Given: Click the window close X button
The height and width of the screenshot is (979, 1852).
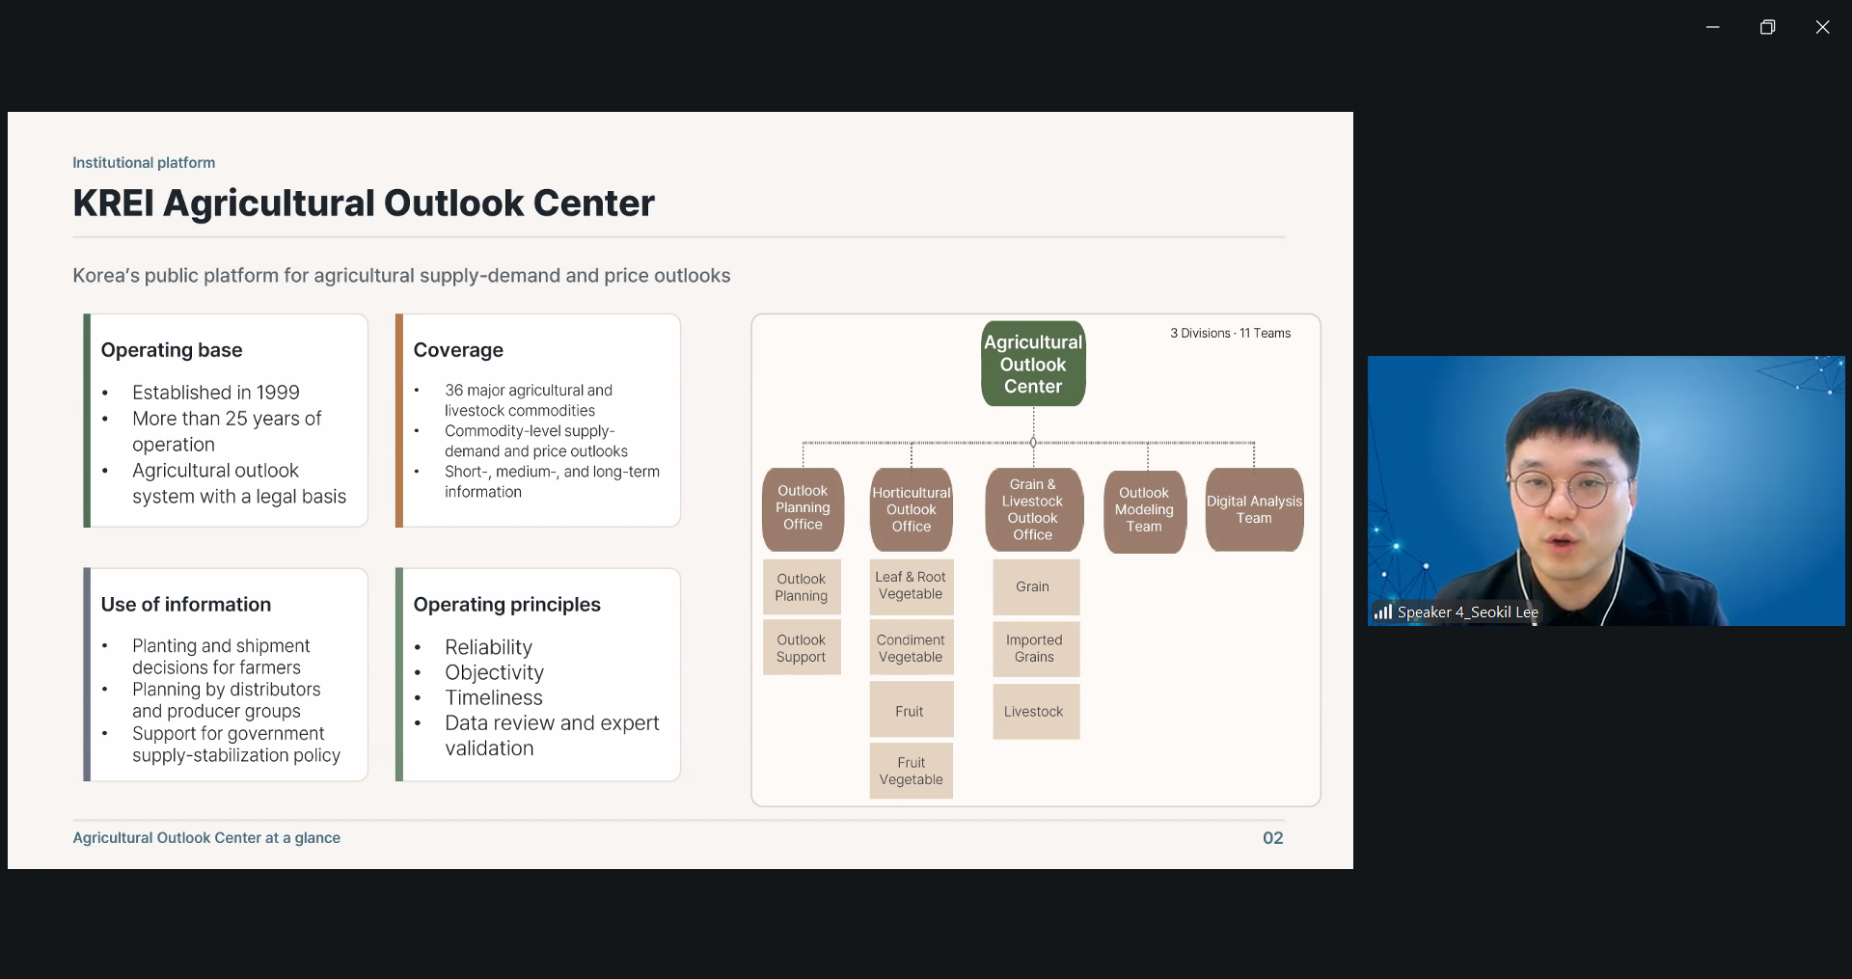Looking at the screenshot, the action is click(x=1822, y=27).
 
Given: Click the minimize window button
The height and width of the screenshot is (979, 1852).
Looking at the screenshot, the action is click(x=1713, y=27).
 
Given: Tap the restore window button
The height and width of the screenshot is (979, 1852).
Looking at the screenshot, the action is click(x=1767, y=27).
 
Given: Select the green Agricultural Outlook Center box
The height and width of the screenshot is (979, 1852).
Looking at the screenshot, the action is click(x=1033, y=364).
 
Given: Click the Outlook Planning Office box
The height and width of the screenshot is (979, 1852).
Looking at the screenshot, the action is click(x=803, y=508).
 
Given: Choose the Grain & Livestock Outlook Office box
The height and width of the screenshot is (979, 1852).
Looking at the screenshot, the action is click(x=1033, y=509).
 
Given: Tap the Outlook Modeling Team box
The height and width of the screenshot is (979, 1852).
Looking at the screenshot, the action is click(x=1144, y=510).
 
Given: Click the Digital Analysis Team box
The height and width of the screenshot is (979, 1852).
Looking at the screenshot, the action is click(x=1254, y=509).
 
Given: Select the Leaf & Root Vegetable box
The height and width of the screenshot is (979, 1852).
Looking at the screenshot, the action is click(x=912, y=586).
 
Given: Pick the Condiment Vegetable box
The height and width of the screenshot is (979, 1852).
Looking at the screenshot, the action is click(x=912, y=648).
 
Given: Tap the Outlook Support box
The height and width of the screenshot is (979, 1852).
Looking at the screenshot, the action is click(x=802, y=648).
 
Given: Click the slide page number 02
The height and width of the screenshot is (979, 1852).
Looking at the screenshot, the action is click(x=1273, y=838).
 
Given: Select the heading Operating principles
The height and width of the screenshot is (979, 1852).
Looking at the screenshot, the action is click(x=506, y=605).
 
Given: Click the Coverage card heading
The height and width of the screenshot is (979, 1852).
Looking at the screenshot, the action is click(x=458, y=350).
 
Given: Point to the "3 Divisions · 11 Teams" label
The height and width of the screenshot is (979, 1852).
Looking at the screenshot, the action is click(x=1230, y=334).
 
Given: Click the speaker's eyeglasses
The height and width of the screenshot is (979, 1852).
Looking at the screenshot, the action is click(x=1561, y=487).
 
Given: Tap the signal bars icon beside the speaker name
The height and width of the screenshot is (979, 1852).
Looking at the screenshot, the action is click(x=1383, y=612).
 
